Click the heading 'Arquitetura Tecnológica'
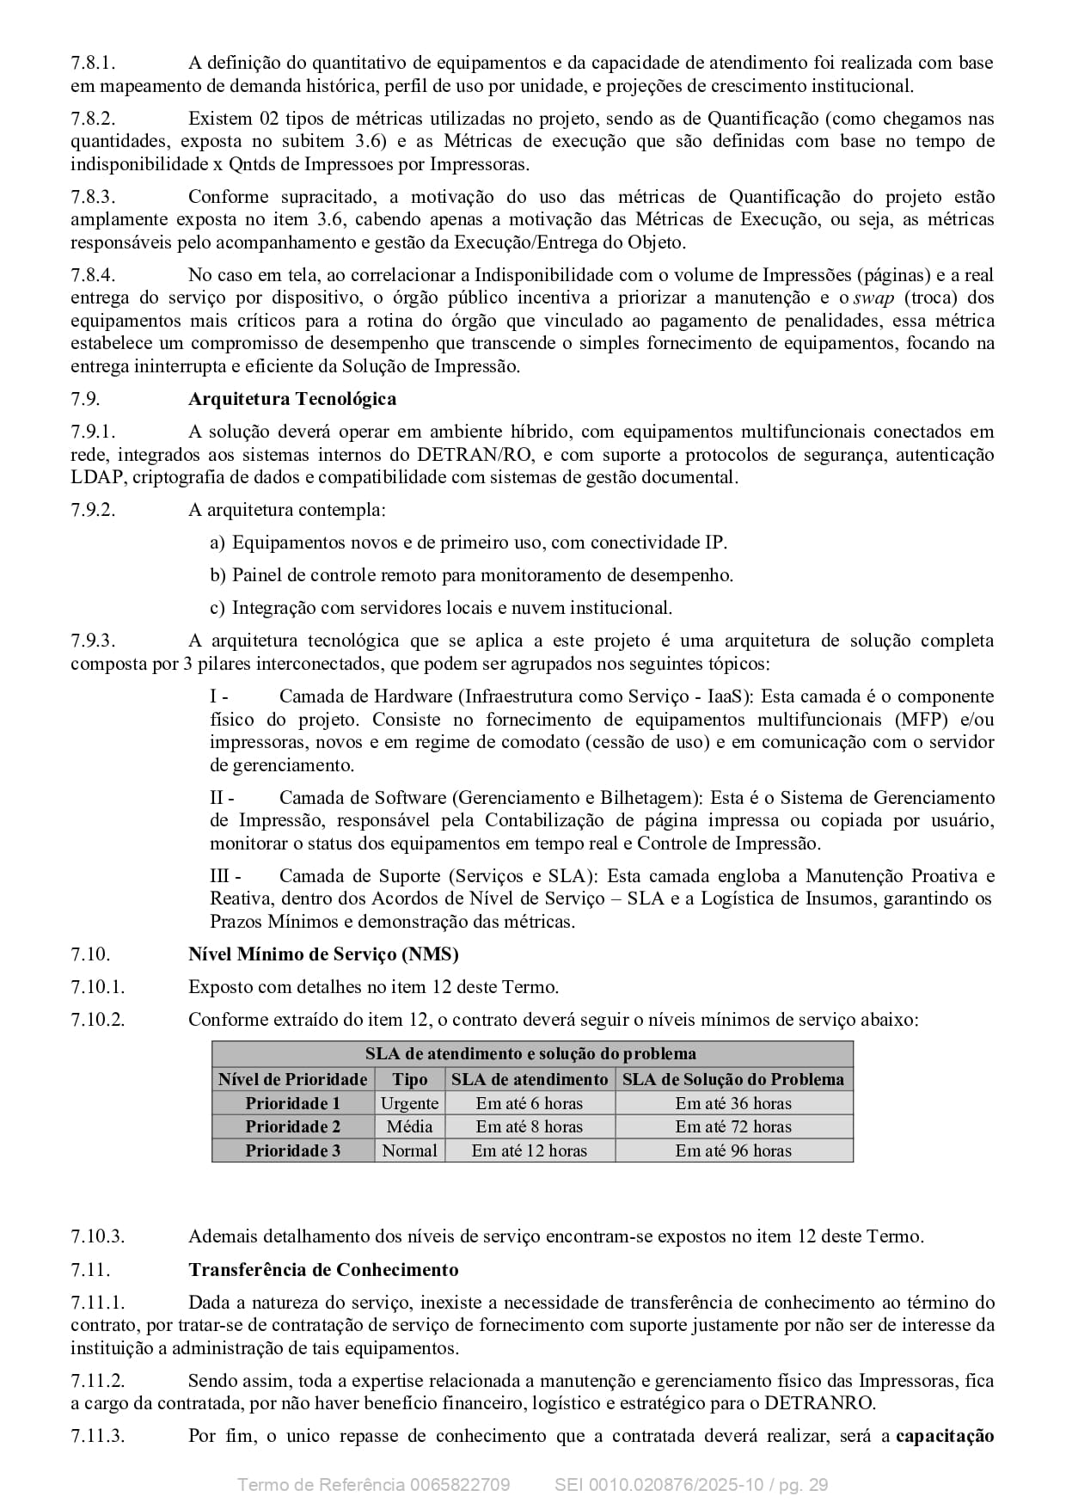pyautogui.click(x=292, y=399)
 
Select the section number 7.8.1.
pyautogui.click(x=93, y=63)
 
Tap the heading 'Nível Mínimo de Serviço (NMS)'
pyautogui.click(x=323, y=954)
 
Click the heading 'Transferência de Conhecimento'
pyautogui.click(x=323, y=1270)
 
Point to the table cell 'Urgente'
pyautogui.click(x=410, y=1103)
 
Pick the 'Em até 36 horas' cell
pyautogui.click(x=733, y=1103)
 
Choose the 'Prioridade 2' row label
pyautogui.click(x=292, y=1126)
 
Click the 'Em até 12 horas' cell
pyautogui.click(x=530, y=1150)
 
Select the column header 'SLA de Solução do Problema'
pyautogui.click(x=733, y=1079)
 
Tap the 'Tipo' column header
pyautogui.click(x=410, y=1079)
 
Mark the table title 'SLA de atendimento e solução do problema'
pyautogui.click(x=531, y=1054)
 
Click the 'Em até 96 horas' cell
pyautogui.click(x=733, y=1150)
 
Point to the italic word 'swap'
pyautogui.click(x=873, y=298)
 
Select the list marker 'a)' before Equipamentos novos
pyautogui.click(x=217, y=543)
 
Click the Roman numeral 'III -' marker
pyautogui.click(x=225, y=876)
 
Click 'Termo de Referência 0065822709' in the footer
pyautogui.click(x=373, y=1485)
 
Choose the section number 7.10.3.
pyautogui.click(x=97, y=1237)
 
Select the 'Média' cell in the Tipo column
pyautogui.click(x=410, y=1126)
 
